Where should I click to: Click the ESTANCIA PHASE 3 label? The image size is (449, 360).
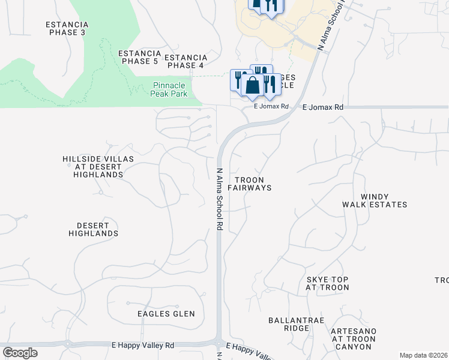(x=67, y=28)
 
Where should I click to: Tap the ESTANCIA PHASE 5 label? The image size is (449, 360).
(x=139, y=57)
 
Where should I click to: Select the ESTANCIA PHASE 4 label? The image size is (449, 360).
(x=185, y=61)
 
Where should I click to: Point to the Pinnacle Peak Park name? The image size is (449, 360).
(x=170, y=90)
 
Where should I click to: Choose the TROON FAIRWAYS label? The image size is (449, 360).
(x=253, y=184)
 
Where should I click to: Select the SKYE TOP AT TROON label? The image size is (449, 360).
(x=327, y=284)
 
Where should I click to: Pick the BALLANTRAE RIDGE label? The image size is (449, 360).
(x=296, y=324)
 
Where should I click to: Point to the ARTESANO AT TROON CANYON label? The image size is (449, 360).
(x=354, y=339)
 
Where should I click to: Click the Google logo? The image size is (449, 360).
(x=20, y=353)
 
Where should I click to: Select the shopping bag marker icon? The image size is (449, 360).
(x=253, y=86)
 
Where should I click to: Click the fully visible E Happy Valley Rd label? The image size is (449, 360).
(x=143, y=346)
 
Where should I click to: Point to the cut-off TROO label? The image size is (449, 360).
(x=442, y=280)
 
